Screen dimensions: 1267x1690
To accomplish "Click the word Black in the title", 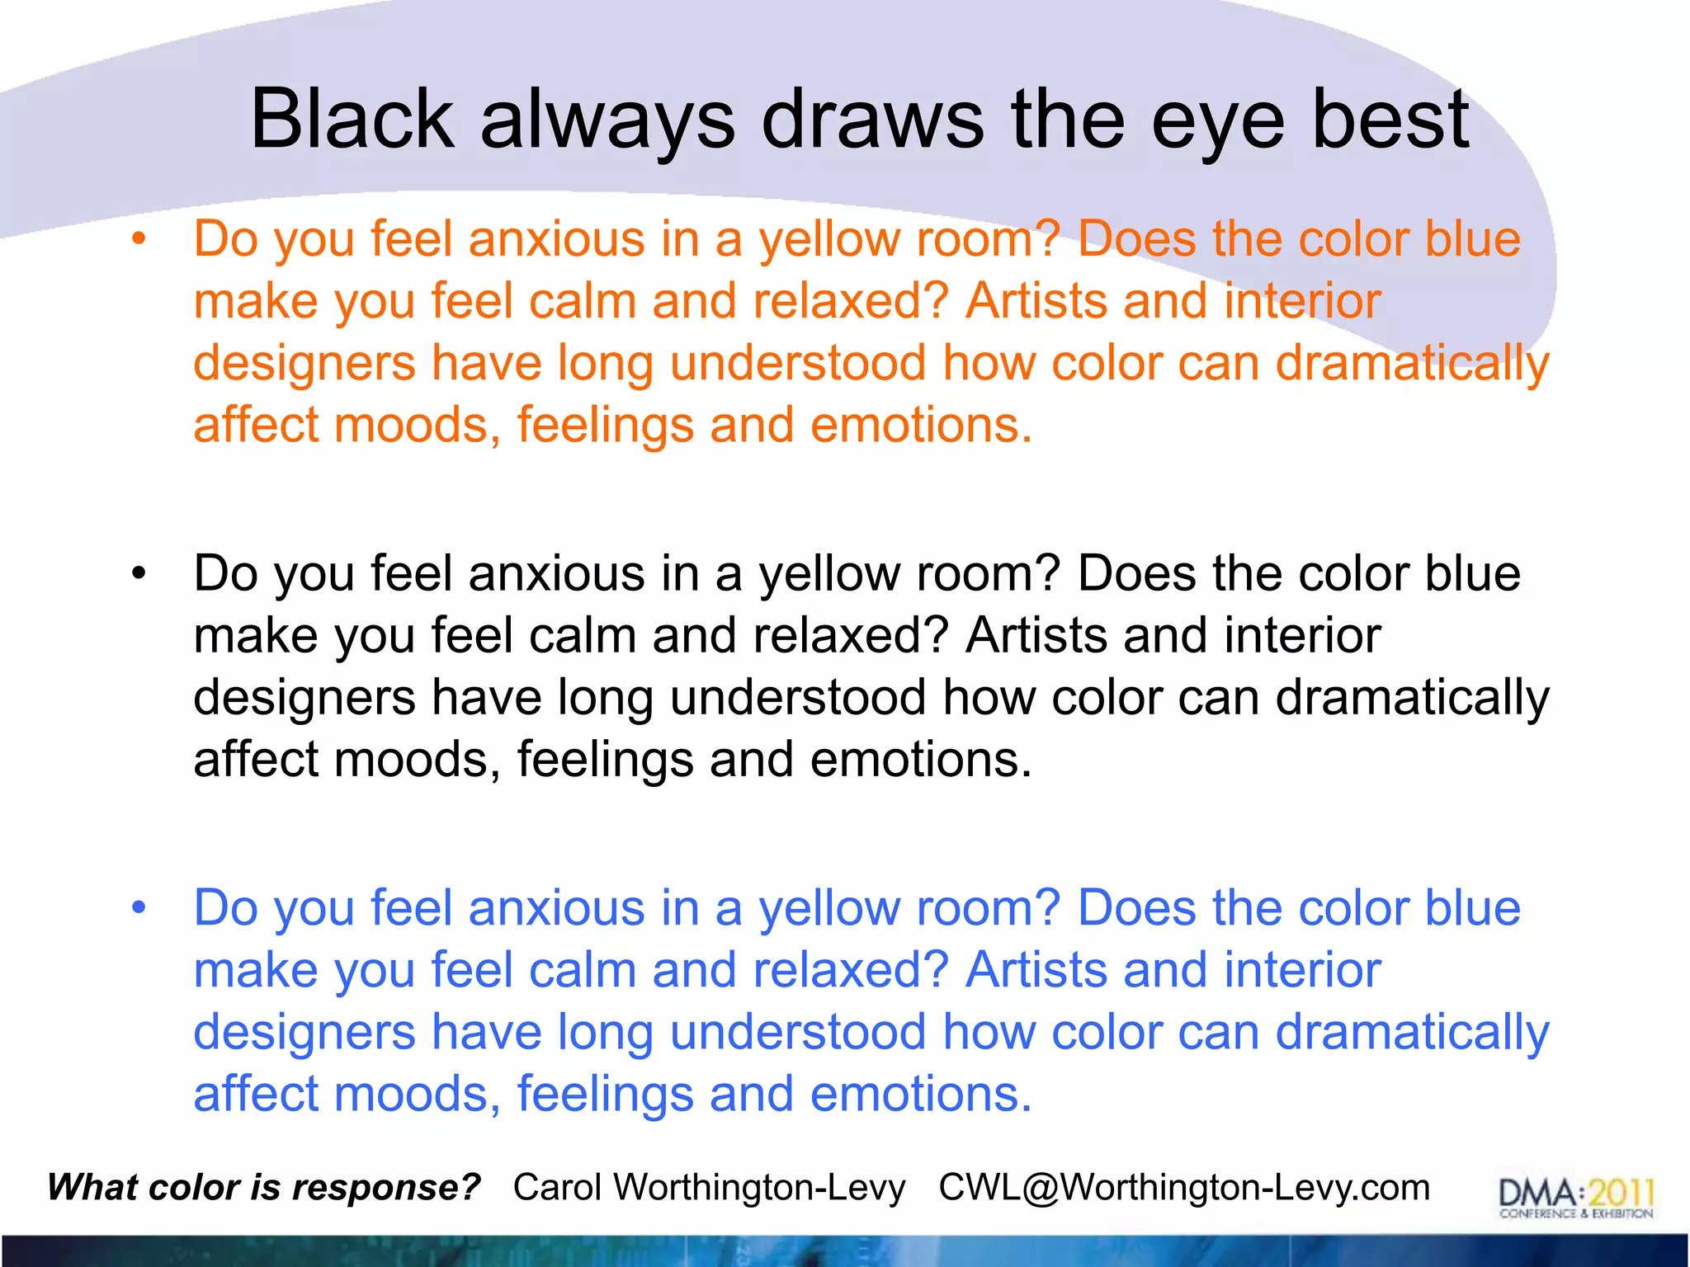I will [352, 120].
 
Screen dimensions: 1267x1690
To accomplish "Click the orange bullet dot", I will [139, 240].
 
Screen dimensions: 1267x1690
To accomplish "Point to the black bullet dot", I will [139, 574].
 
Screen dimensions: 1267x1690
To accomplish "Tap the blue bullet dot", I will [139, 908].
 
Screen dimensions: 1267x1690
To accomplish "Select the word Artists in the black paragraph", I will [1036, 636].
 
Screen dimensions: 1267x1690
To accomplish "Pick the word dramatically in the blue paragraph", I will [1412, 1033].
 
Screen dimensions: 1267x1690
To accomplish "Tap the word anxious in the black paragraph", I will [556, 574].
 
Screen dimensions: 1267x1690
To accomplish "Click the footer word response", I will [385, 1188].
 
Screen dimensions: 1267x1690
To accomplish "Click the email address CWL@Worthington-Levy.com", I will [1184, 1188].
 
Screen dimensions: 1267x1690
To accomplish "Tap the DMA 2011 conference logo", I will [1576, 1197].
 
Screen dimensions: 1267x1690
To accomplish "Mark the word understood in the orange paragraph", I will [798, 364].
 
